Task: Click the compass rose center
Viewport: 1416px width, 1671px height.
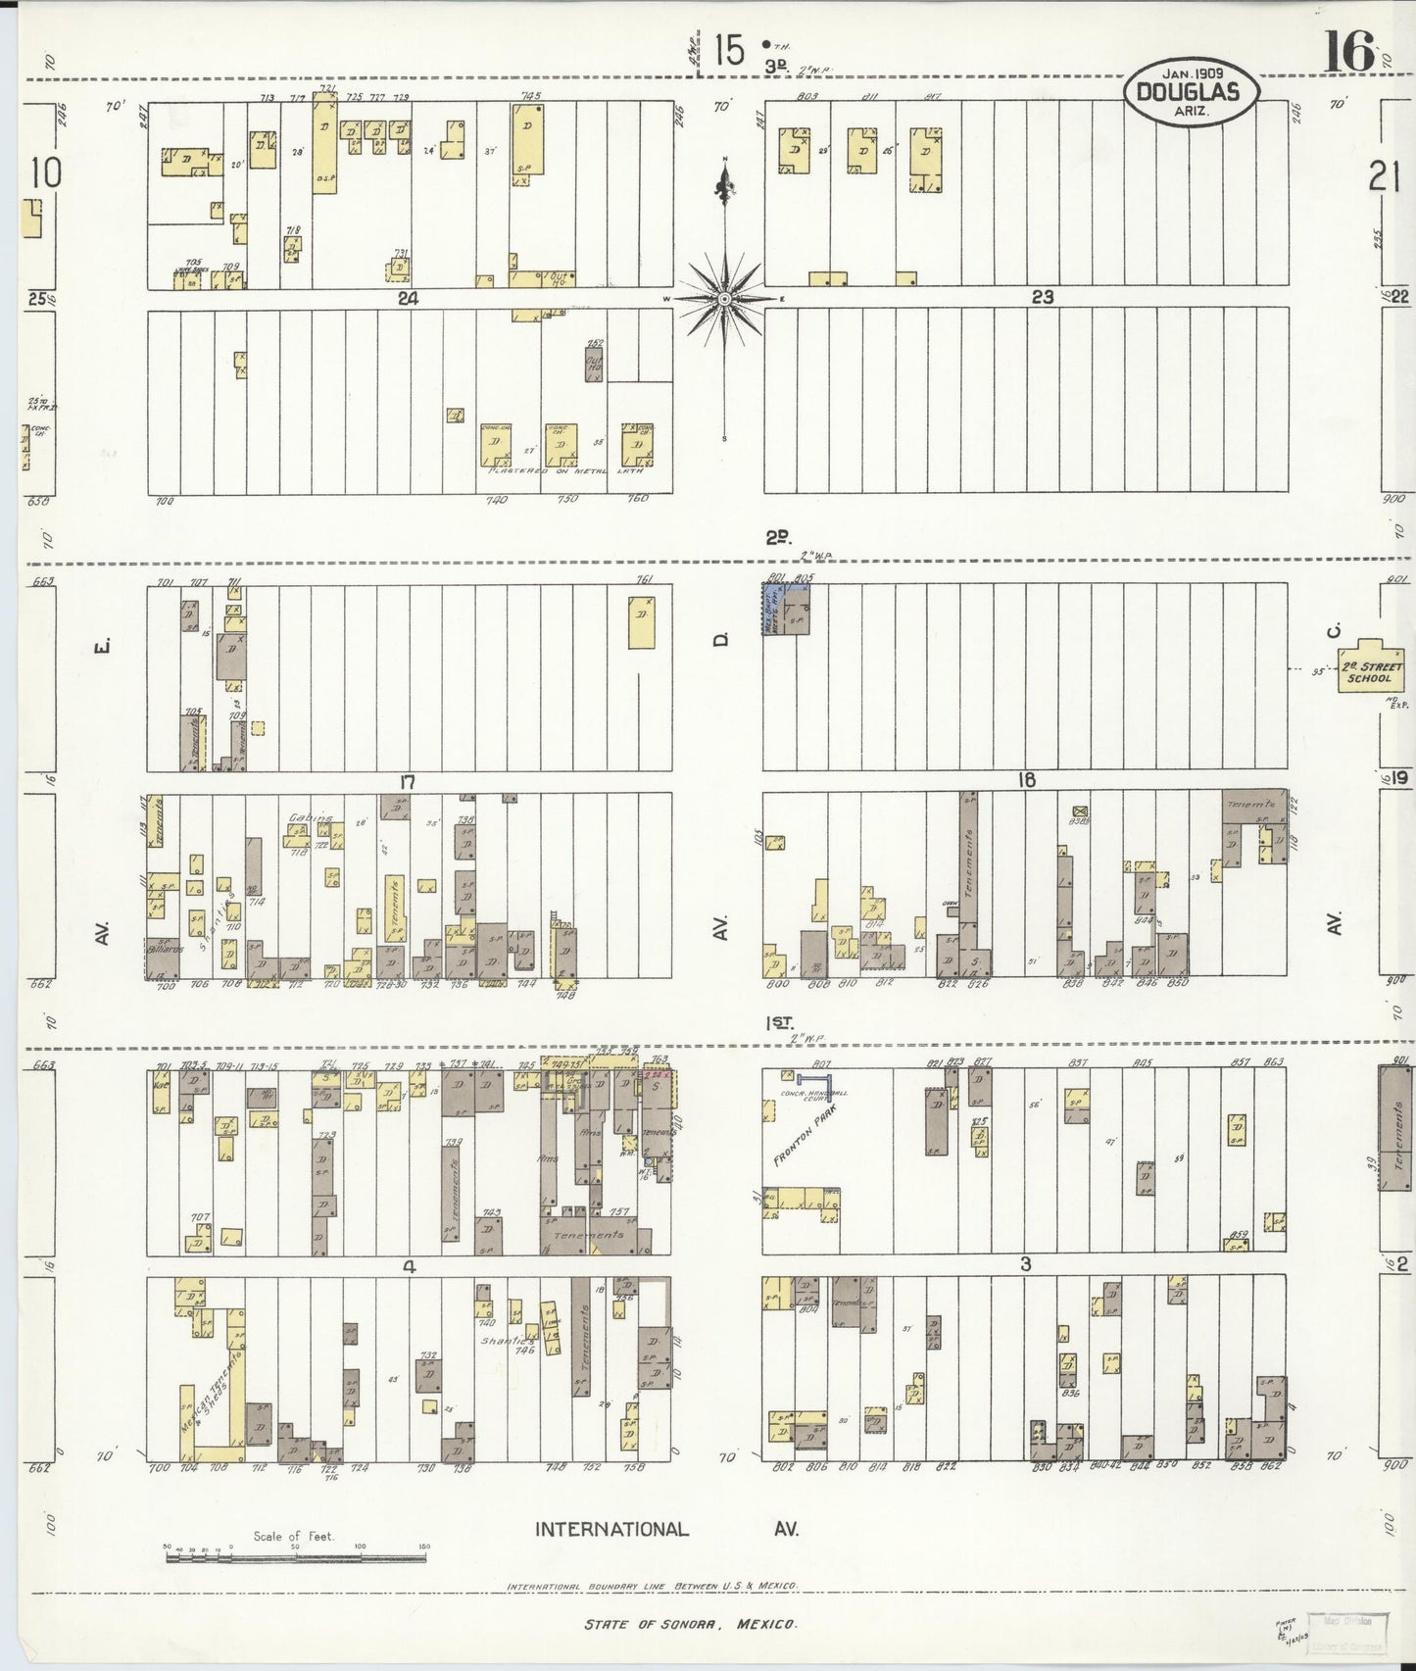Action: [x=724, y=299]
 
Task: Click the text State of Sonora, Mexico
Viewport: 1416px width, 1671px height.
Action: [x=691, y=1625]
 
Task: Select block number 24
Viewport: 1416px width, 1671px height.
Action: [x=408, y=299]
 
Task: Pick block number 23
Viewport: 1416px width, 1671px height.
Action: [x=1041, y=297]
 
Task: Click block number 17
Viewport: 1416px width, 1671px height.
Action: [x=408, y=782]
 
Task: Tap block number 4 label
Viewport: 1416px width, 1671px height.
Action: [x=410, y=1266]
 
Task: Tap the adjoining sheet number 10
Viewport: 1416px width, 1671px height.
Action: [x=46, y=172]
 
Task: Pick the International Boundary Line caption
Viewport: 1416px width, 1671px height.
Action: [x=653, y=1585]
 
